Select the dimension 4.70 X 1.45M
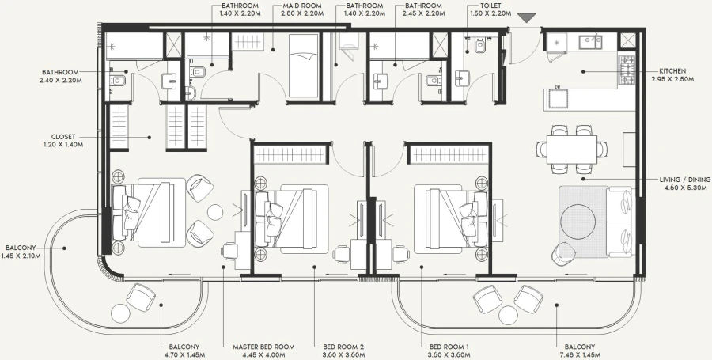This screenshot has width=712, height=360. point(184,355)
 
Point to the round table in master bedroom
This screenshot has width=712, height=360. point(215,211)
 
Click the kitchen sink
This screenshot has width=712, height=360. point(589,41)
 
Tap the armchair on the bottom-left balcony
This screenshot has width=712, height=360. point(142,298)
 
